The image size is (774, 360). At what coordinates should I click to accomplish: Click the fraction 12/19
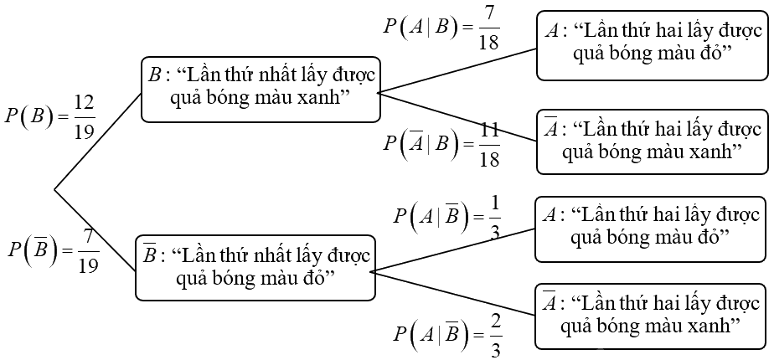click(x=83, y=116)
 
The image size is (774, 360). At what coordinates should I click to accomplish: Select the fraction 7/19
click(x=87, y=249)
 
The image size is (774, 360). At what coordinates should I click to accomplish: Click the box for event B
click(x=261, y=88)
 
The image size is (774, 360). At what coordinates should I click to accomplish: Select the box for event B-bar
click(x=255, y=267)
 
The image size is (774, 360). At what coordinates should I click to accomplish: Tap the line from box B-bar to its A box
click(x=453, y=249)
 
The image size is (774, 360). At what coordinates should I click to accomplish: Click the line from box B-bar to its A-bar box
click(x=453, y=293)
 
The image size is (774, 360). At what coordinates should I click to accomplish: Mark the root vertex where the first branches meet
click(x=55, y=189)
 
